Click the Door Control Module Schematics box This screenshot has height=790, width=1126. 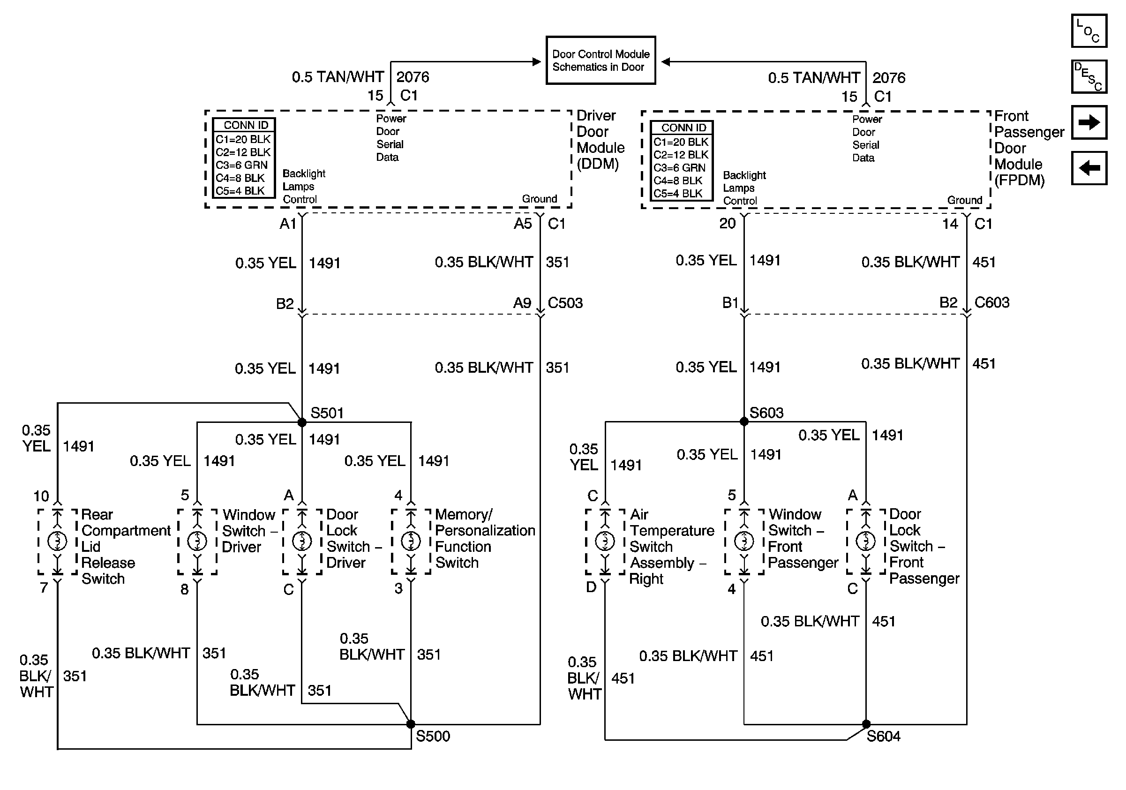tap(601, 60)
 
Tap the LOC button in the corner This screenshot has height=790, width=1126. tap(1088, 31)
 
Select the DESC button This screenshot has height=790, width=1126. tap(1088, 76)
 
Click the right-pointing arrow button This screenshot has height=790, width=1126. tap(1088, 122)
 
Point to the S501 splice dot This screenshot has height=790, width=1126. tap(302, 422)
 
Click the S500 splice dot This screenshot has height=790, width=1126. tap(411, 724)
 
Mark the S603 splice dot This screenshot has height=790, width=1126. tap(744, 421)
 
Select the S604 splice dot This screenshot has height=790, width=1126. tap(866, 724)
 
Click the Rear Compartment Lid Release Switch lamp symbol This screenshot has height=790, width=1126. tap(57, 541)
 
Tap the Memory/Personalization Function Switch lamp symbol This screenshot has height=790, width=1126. tap(411, 541)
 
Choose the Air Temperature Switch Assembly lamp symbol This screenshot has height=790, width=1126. tap(605, 541)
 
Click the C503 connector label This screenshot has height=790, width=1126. tap(565, 302)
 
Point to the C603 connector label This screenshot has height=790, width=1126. tap(991, 302)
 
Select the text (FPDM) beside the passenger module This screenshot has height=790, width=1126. tap(1019, 181)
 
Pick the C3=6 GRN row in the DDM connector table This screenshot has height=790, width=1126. tap(242, 165)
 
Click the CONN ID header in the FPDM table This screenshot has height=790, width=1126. tap(683, 128)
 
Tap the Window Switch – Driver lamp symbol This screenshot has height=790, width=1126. tap(197, 541)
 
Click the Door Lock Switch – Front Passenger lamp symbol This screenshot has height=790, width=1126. tap(865, 541)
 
